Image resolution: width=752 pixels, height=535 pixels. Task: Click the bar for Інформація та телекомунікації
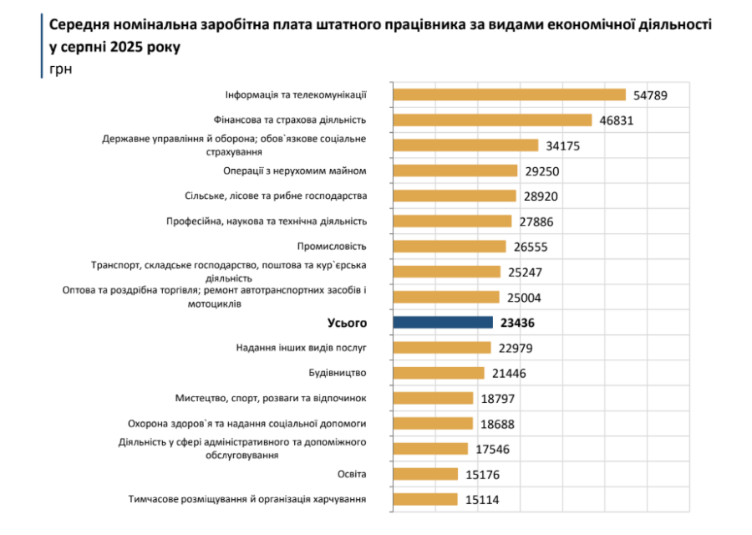509,95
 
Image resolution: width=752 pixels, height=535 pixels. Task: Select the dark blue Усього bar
443,323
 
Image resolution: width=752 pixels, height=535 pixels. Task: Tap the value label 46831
617,120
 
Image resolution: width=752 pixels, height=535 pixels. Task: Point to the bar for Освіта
425,474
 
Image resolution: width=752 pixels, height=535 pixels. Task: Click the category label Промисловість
332,247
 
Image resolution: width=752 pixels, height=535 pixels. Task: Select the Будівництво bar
438,373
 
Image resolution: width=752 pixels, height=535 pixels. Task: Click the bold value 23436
518,323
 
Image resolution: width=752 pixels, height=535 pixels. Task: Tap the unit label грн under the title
60,69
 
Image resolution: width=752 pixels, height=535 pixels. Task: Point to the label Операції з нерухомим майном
295,171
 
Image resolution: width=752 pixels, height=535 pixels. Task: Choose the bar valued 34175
465,145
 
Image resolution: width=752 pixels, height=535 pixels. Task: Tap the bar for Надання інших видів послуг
441,348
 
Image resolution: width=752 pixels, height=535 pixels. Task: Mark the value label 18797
499,399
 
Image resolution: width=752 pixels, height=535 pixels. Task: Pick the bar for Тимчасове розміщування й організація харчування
424,499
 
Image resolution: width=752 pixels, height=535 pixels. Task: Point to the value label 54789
652,95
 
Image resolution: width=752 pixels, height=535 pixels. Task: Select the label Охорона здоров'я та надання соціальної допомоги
246,423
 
